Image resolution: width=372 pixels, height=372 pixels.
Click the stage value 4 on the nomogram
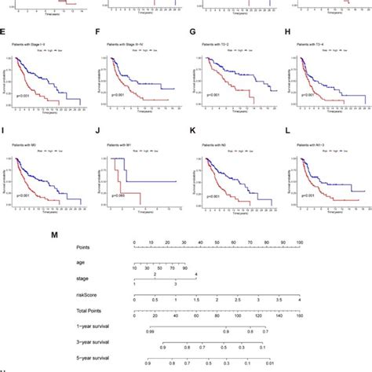pyautogui.click(x=196, y=274)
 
